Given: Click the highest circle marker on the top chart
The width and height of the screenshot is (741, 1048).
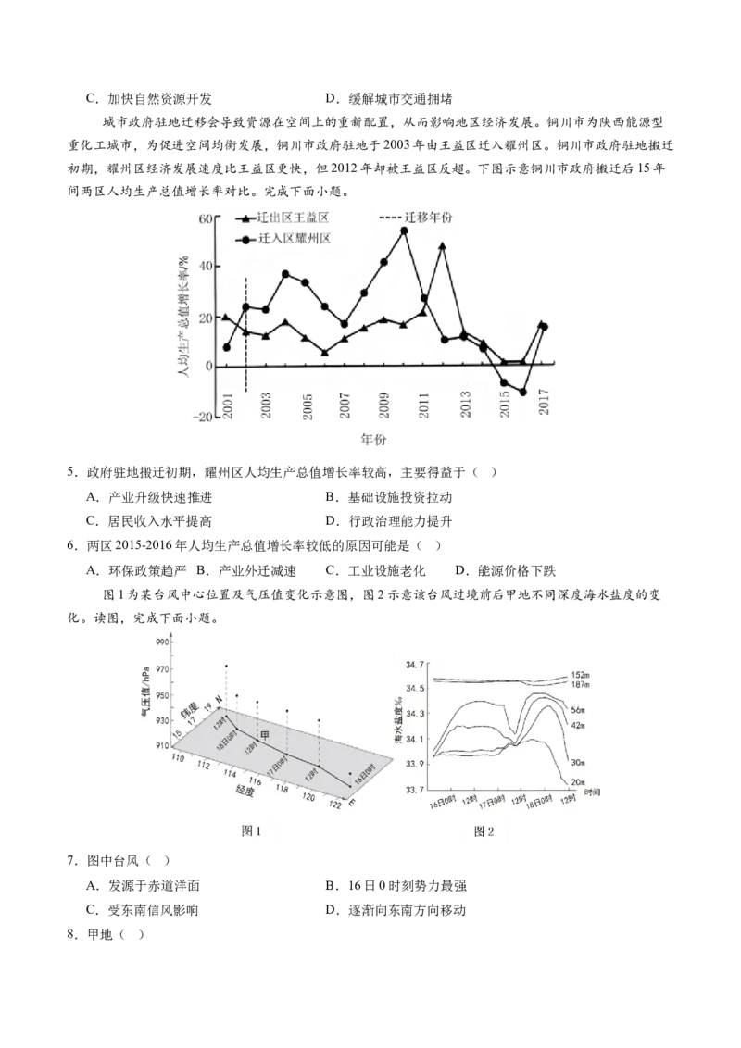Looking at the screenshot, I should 404,231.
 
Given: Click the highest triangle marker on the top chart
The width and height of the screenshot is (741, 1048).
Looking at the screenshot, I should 443,246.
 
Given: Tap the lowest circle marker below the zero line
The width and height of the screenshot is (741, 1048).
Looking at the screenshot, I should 523,393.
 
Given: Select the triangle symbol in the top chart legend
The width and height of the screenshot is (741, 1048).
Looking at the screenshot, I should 248,219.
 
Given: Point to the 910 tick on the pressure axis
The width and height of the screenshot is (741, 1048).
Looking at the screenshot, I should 163,746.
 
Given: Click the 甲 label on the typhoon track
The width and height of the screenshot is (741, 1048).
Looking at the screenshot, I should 265,735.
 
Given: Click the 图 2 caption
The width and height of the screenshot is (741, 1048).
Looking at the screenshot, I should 484,831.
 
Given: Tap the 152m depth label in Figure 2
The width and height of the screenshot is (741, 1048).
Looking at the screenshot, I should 582,675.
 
